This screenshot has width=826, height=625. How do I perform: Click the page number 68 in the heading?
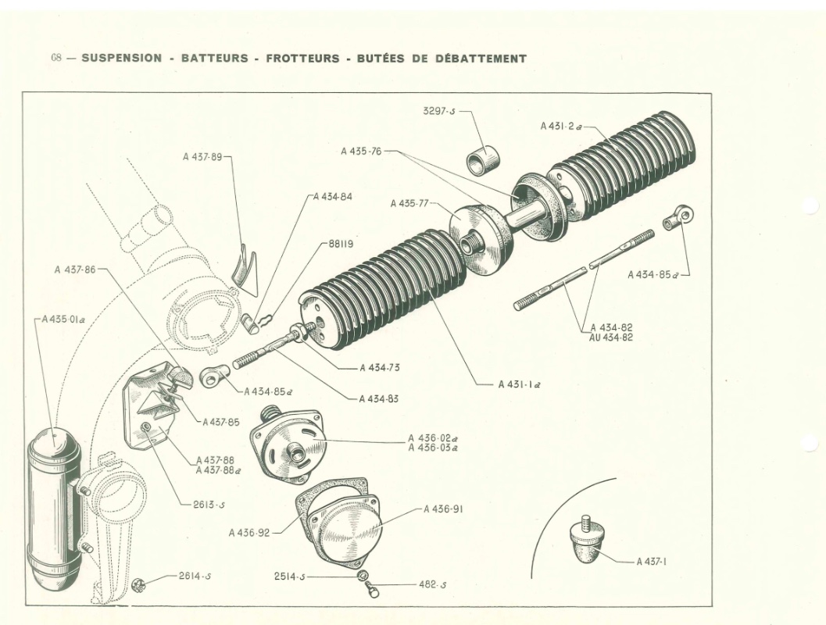pyautogui.click(x=56, y=59)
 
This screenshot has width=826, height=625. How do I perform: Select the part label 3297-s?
pyautogui.click(x=439, y=111)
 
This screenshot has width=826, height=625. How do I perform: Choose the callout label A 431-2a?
pyautogui.click(x=560, y=126)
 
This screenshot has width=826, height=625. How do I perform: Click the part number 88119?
pyautogui.click(x=341, y=244)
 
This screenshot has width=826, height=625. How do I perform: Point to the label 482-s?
pyautogui.click(x=428, y=584)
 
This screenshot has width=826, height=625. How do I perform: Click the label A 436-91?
pyautogui.click(x=445, y=509)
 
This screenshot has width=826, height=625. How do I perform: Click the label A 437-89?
pyautogui.click(x=202, y=156)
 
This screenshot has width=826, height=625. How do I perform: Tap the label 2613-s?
pyautogui.click(x=209, y=504)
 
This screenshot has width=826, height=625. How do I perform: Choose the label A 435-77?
pyautogui.click(x=409, y=204)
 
